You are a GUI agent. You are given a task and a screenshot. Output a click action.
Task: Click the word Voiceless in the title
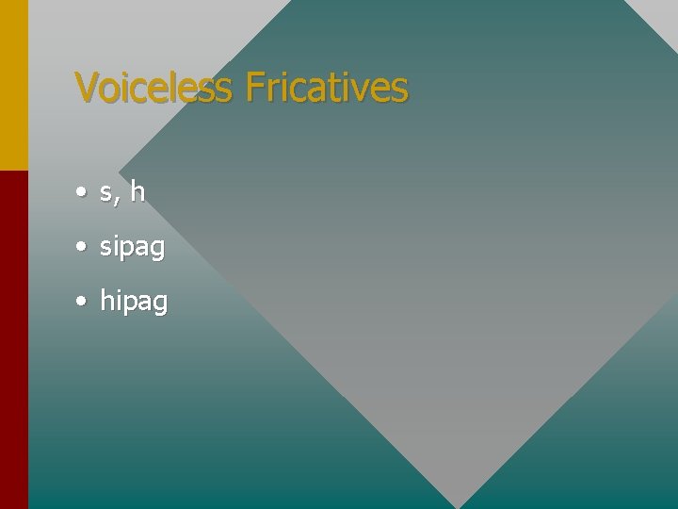tap(153, 88)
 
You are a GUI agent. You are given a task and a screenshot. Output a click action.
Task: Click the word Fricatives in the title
tap(326, 88)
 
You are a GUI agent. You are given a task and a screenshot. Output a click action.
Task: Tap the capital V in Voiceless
tap(85, 88)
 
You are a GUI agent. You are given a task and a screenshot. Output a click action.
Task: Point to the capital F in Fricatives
tap(252, 88)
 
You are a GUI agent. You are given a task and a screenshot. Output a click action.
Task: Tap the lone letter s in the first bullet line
tap(105, 193)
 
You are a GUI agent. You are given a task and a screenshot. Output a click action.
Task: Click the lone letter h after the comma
tap(137, 191)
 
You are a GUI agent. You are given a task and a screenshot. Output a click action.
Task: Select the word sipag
tap(132, 248)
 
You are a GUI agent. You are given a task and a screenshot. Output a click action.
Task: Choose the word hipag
tap(134, 303)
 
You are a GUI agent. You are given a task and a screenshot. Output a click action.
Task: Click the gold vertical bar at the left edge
tap(14, 85)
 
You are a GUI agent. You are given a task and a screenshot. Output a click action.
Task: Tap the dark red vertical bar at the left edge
tap(14, 339)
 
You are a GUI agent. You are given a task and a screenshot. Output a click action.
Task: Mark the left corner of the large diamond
tap(121, 171)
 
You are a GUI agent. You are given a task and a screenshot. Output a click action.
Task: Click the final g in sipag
tap(157, 250)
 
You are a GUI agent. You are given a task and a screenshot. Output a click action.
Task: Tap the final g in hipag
tap(160, 304)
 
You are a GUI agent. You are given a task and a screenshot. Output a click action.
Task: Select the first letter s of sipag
tap(105, 248)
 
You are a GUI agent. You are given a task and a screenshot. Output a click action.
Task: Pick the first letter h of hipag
tap(106, 302)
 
